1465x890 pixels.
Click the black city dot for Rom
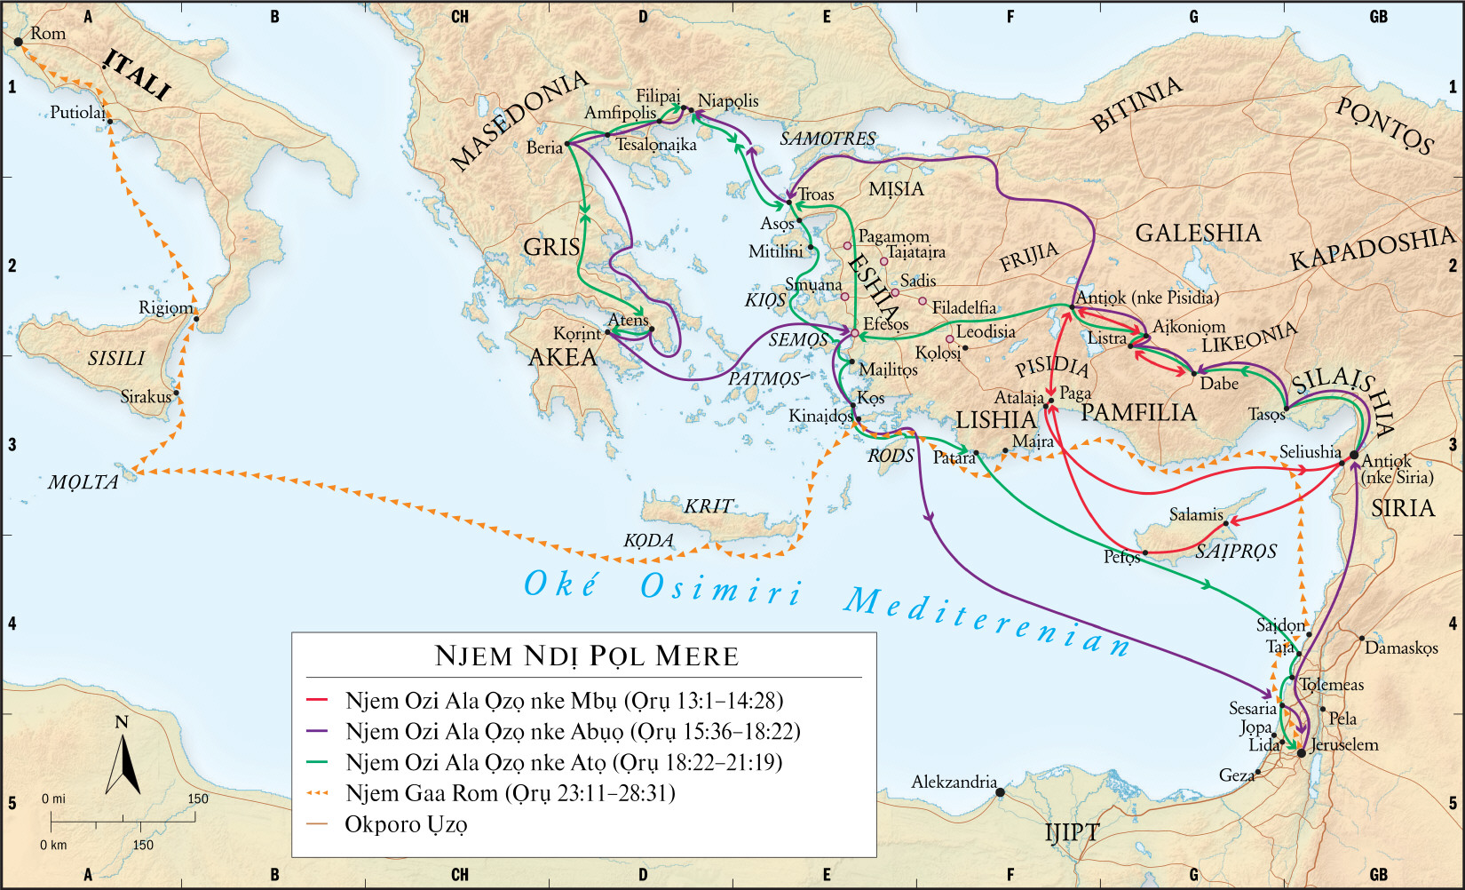(x=18, y=42)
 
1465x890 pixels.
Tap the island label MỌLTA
(x=83, y=482)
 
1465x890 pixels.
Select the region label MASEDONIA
(x=519, y=120)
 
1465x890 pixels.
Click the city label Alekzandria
(x=954, y=782)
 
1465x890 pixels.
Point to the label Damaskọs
(x=1400, y=648)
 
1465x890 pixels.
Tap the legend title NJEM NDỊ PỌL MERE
(x=586, y=656)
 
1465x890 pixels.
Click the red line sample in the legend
(x=316, y=701)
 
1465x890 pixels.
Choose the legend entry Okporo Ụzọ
(x=406, y=824)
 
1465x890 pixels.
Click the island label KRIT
(x=708, y=506)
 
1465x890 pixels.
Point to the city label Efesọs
(x=886, y=324)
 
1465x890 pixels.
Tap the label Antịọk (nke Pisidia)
(x=1147, y=297)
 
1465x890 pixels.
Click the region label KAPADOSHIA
(x=1373, y=248)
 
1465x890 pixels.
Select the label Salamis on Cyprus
(x=1195, y=514)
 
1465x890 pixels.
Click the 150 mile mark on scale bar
(x=197, y=799)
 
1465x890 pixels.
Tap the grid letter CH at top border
(x=459, y=16)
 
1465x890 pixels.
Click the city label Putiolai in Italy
(x=77, y=113)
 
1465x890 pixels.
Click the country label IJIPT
(x=1071, y=832)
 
